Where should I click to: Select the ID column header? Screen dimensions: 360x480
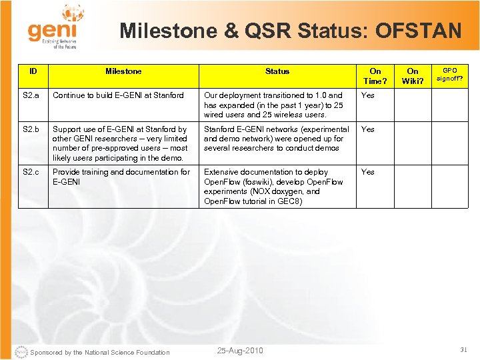pos(33,71)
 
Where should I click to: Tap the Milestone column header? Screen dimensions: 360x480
pos(123,71)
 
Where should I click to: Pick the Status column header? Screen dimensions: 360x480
pos(277,71)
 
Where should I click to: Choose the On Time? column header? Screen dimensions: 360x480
pos(375,76)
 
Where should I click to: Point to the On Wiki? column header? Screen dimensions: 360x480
pos(413,76)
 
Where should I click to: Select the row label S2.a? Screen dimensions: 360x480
pos(31,95)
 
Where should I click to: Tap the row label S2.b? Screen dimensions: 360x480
pos(31,129)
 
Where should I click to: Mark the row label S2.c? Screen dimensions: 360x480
pos(31,172)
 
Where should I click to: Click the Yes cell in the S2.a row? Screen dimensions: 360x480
pos(368,95)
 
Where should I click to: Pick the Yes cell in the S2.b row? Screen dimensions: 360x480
pos(368,129)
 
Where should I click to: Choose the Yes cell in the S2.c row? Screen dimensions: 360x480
pos(368,172)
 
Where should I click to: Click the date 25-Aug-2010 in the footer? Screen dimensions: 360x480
pos(240,351)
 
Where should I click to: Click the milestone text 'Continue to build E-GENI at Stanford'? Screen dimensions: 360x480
pos(118,95)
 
